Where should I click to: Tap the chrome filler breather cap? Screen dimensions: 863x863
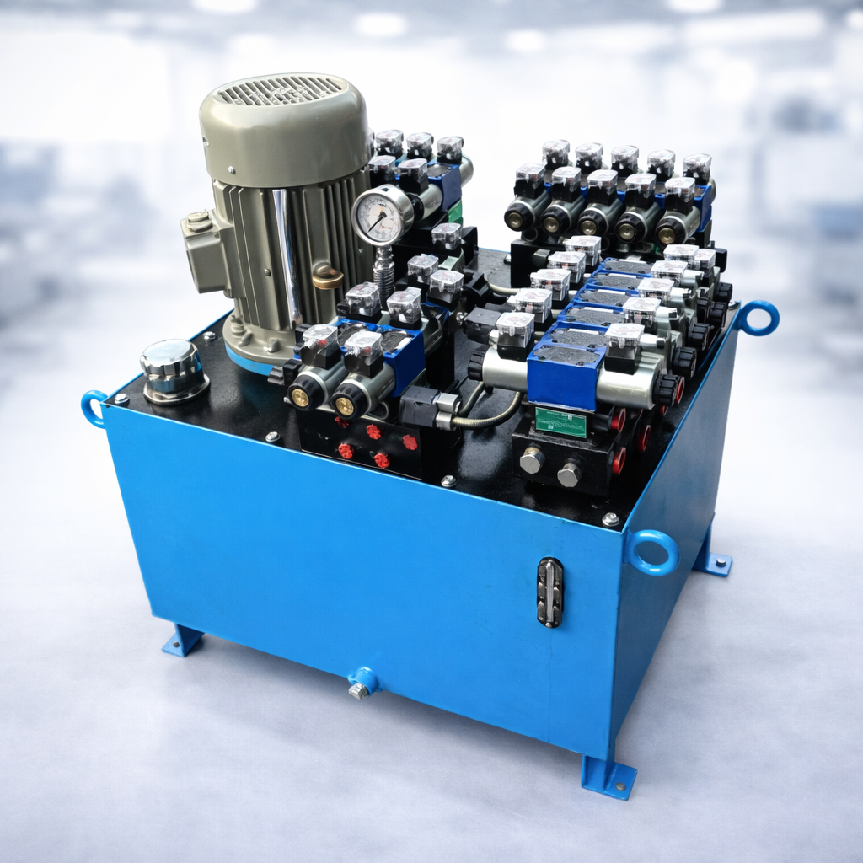(x=173, y=368)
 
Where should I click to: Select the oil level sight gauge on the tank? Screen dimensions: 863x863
(x=549, y=592)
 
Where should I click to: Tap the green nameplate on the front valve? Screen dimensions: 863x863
(x=560, y=421)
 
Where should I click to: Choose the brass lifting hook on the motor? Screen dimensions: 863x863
(x=327, y=276)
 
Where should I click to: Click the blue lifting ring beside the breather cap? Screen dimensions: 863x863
(x=94, y=408)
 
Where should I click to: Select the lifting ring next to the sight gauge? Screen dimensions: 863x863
(x=652, y=552)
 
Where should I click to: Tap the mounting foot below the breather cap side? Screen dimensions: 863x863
(x=183, y=641)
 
